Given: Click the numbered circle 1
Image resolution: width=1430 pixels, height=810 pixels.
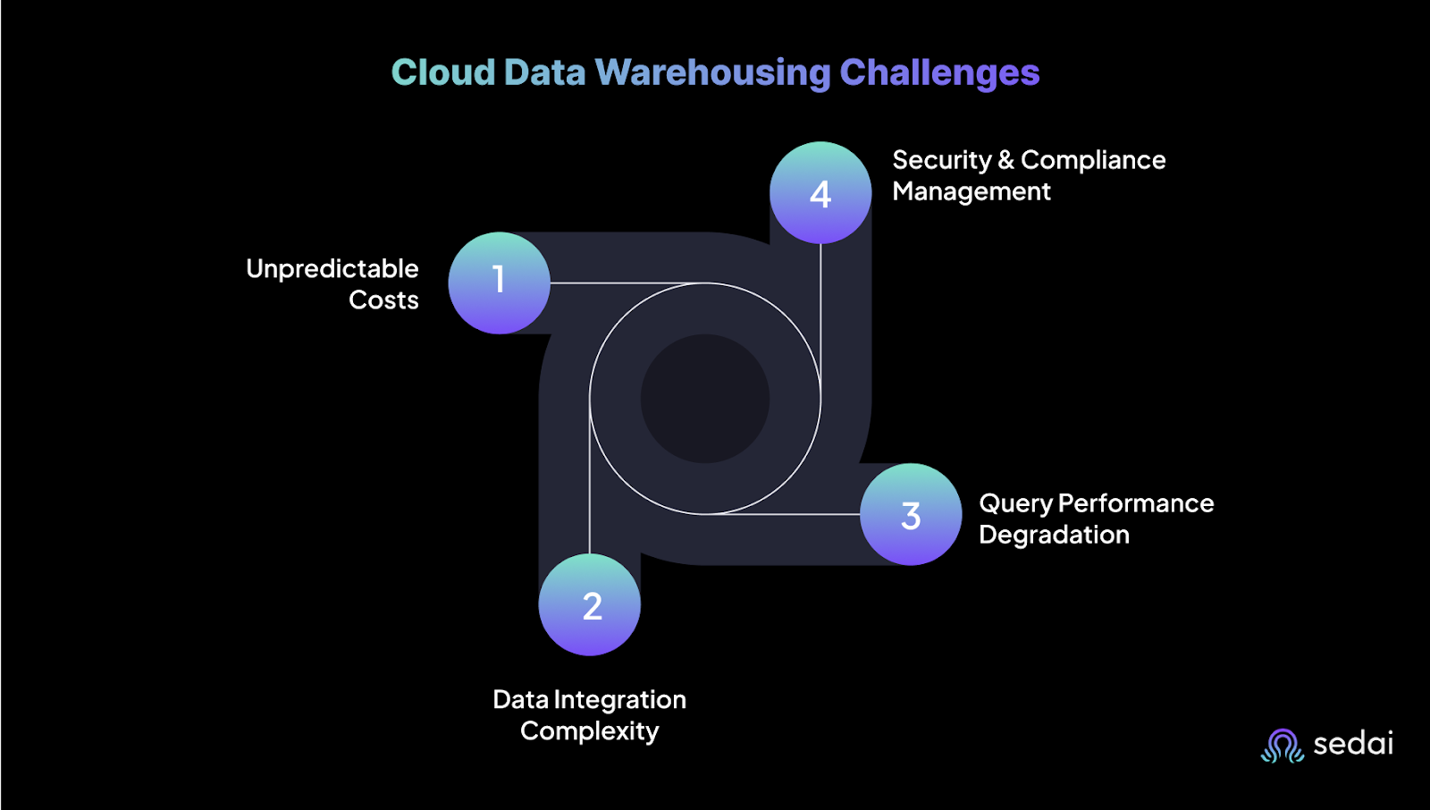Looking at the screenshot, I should (x=499, y=283).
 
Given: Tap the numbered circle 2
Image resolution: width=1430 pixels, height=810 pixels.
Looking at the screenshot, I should (x=590, y=604).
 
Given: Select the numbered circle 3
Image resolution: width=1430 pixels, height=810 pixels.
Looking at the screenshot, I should (x=911, y=514).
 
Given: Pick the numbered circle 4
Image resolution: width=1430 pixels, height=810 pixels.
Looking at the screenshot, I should (x=820, y=192).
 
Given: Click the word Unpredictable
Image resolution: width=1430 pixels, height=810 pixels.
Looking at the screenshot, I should (x=332, y=269).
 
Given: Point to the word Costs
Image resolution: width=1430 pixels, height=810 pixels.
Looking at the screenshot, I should (x=383, y=300).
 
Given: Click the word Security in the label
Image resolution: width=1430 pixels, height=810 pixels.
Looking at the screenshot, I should (x=941, y=160).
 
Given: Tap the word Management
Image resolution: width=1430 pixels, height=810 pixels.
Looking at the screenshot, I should (x=972, y=191).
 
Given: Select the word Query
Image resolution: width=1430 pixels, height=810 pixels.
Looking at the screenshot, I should (x=1015, y=504).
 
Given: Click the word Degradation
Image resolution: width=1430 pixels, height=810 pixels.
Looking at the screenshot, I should (x=1054, y=535).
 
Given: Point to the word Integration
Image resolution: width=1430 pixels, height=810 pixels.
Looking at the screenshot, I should (x=619, y=700).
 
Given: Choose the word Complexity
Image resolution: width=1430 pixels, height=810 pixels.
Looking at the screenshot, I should (x=590, y=731).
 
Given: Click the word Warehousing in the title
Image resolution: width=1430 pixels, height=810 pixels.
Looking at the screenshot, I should (x=713, y=72).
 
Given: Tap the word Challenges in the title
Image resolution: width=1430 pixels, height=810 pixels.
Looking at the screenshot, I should (x=939, y=72).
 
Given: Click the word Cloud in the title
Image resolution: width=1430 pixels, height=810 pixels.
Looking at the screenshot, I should (x=443, y=72).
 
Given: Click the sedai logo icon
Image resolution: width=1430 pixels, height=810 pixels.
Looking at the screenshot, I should (x=1283, y=745).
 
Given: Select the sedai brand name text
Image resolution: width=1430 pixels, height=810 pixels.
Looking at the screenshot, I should (x=1353, y=744).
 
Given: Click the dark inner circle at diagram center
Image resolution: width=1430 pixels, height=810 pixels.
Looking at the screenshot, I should (x=705, y=399).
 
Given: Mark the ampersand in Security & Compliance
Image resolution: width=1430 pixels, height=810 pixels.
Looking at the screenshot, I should (x=1006, y=160).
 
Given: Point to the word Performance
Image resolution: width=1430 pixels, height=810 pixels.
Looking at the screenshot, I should (x=1135, y=503).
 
